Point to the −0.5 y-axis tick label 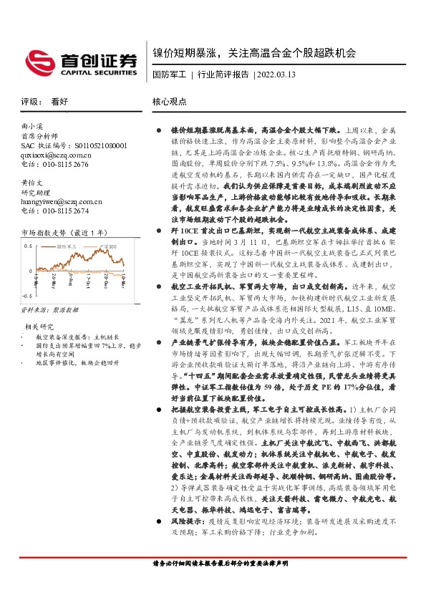click(x=26, y=296)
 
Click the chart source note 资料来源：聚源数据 click(x=49, y=309)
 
